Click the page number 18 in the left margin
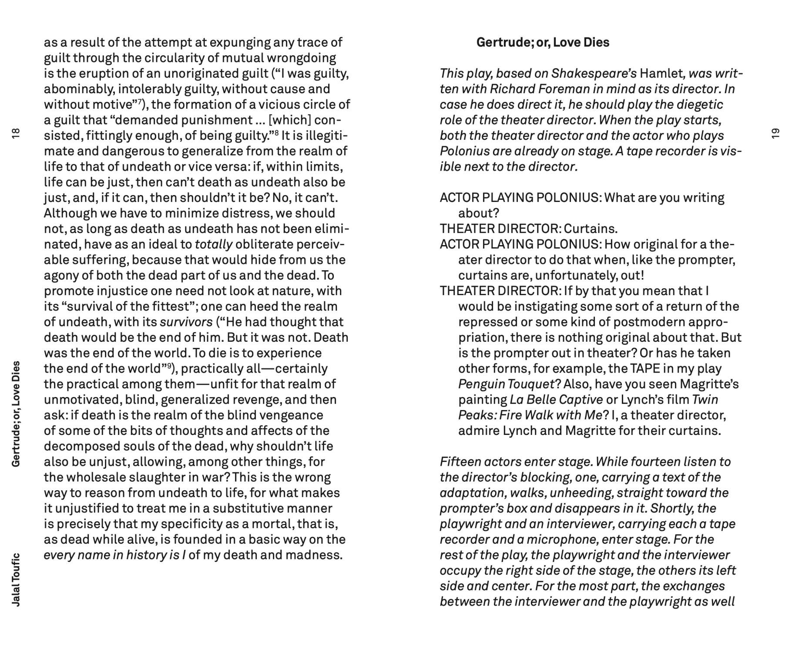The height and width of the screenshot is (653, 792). [x=16, y=133]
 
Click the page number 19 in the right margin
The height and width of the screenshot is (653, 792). [x=775, y=133]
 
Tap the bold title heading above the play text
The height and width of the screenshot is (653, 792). [x=543, y=42]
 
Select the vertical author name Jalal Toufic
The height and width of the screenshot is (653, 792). [x=16, y=579]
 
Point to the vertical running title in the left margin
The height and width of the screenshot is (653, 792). [x=16, y=414]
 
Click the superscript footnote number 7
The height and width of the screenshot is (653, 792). [x=140, y=101]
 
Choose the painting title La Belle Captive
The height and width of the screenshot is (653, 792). [x=556, y=400]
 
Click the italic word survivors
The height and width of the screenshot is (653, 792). [x=186, y=322]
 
